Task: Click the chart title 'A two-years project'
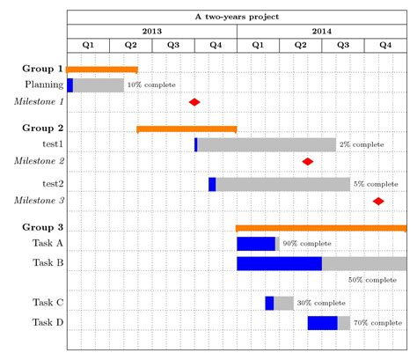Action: [237, 17]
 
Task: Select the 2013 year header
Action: [151, 31]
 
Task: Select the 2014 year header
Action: [321, 31]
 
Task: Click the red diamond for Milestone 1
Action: [194, 102]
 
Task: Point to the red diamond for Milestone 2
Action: [308, 161]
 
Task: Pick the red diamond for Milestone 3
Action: [378, 201]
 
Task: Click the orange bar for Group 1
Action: [102, 70]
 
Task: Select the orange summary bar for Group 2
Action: [187, 129]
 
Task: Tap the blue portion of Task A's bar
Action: [256, 244]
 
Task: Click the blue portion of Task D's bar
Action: [322, 323]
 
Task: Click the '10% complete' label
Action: [151, 85]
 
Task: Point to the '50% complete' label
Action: [372, 279]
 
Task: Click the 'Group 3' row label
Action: [42, 227]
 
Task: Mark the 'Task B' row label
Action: [48, 262]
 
